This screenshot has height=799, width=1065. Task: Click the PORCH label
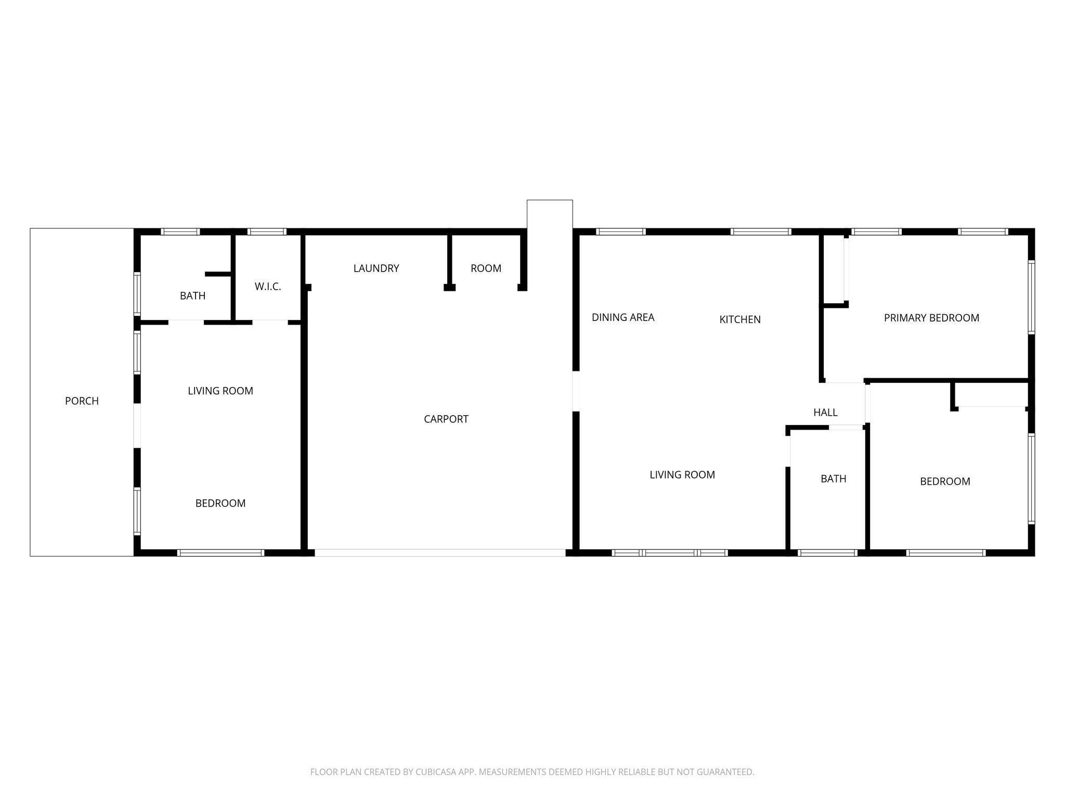tap(82, 401)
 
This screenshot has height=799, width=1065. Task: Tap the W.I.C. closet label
tap(268, 287)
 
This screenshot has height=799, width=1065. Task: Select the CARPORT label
tap(446, 419)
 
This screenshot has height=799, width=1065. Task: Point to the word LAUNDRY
tap(376, 268)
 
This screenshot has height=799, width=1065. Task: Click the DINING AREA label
tap(623, 317)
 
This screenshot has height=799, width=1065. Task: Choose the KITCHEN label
tap(740, 319)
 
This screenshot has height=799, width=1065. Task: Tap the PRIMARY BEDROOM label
tap(931, 318)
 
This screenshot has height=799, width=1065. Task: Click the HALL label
tap(825, 413)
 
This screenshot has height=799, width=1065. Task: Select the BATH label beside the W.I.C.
tap(192, 296)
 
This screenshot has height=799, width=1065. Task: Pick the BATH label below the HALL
tap(834, 479)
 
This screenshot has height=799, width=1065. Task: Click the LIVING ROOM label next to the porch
tap(220, 391)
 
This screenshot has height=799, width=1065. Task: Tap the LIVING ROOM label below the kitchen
tap(682, 475)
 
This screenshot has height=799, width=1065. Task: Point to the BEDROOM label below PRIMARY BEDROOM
tap(945, 482)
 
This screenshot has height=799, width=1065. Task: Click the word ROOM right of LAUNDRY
tap(486, 268)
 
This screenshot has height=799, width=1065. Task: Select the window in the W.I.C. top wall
tap(267, 231)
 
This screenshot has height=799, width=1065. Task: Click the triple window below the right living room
tap(670, 553)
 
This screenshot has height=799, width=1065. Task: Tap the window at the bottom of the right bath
tap(827, 553)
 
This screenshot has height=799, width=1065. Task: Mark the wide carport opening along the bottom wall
tap(440, 553)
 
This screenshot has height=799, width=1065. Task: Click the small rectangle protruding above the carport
tap(550, 214)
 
